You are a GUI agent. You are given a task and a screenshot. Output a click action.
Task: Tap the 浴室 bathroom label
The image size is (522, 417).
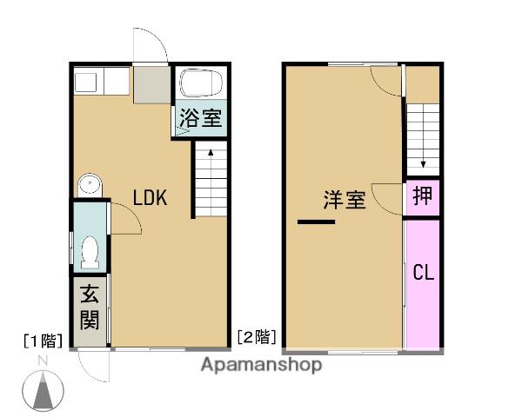click(201, 119)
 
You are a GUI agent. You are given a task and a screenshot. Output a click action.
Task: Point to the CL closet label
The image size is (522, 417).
click(423, 273)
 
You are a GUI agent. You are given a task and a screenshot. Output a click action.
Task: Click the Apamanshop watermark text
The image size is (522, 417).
click(261, 364)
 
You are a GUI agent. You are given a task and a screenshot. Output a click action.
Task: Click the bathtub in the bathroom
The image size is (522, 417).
click(200, 85)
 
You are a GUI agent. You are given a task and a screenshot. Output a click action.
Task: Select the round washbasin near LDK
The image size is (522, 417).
click(89, 184)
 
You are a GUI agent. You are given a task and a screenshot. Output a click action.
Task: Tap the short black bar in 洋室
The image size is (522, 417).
click(316, 223)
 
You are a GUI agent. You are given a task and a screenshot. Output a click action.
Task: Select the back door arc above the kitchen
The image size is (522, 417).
click(148, 45)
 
